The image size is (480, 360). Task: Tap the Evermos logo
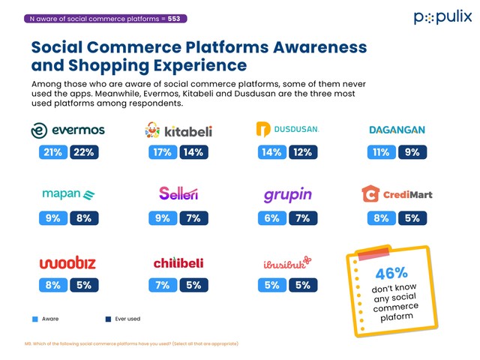click(x=67, y=130)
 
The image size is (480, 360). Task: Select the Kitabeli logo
click(x=178, y=131)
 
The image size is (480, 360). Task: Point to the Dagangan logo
click(x=397, y=130)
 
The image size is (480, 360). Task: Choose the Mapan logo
click(x=67, y=194)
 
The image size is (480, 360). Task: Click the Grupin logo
click(x=286, y=196)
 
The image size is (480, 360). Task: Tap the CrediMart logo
click(x=397, y=194)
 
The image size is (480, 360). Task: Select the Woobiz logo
click(x=67, y=262)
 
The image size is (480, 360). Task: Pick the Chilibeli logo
click(x=178, y=262)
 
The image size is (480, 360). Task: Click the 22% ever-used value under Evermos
click(x=83, y=152)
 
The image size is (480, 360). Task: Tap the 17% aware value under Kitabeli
click(x=162, y=152)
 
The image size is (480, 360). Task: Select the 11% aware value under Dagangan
click(x=381, y=152)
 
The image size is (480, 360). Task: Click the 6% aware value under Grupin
click(x=271, y=218)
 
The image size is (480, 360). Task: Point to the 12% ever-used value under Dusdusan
click(x=303, y=152)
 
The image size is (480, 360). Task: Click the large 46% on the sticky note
click(x=391, y=272)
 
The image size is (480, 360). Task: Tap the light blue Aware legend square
click(x=34, y=319)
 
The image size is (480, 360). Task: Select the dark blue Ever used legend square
click(x=109, y=319)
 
